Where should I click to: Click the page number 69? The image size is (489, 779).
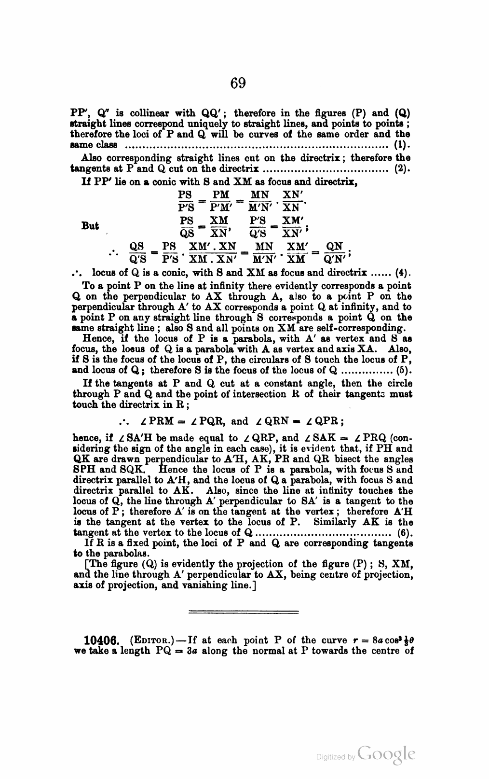(238, 83)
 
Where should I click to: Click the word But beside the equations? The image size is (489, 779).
(91, 226)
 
